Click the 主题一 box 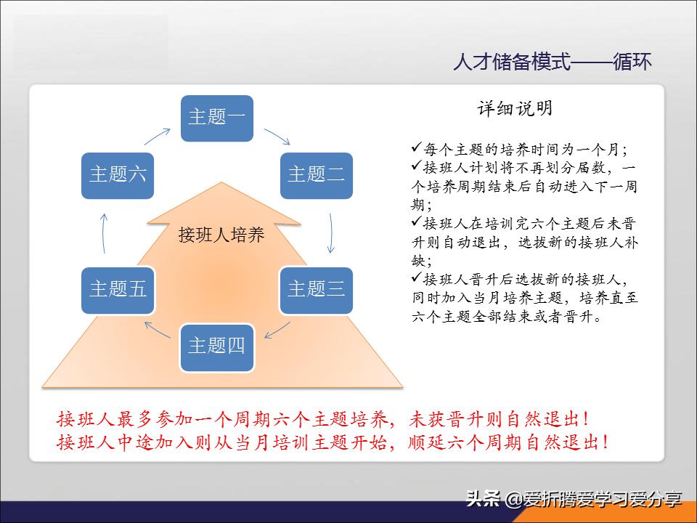coord(217,118)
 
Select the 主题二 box coord(316,175)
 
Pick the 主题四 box coord(217,346)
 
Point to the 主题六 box coord(118,175)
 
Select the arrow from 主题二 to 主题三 coord(331,232)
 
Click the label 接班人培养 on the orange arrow coord(221,235)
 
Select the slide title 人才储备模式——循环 coord(552,62)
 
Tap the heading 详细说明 coord(515,109)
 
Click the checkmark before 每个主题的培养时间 coord(416,148)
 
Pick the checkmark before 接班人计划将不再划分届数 coord(416,166)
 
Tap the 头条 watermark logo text coord(484,499)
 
